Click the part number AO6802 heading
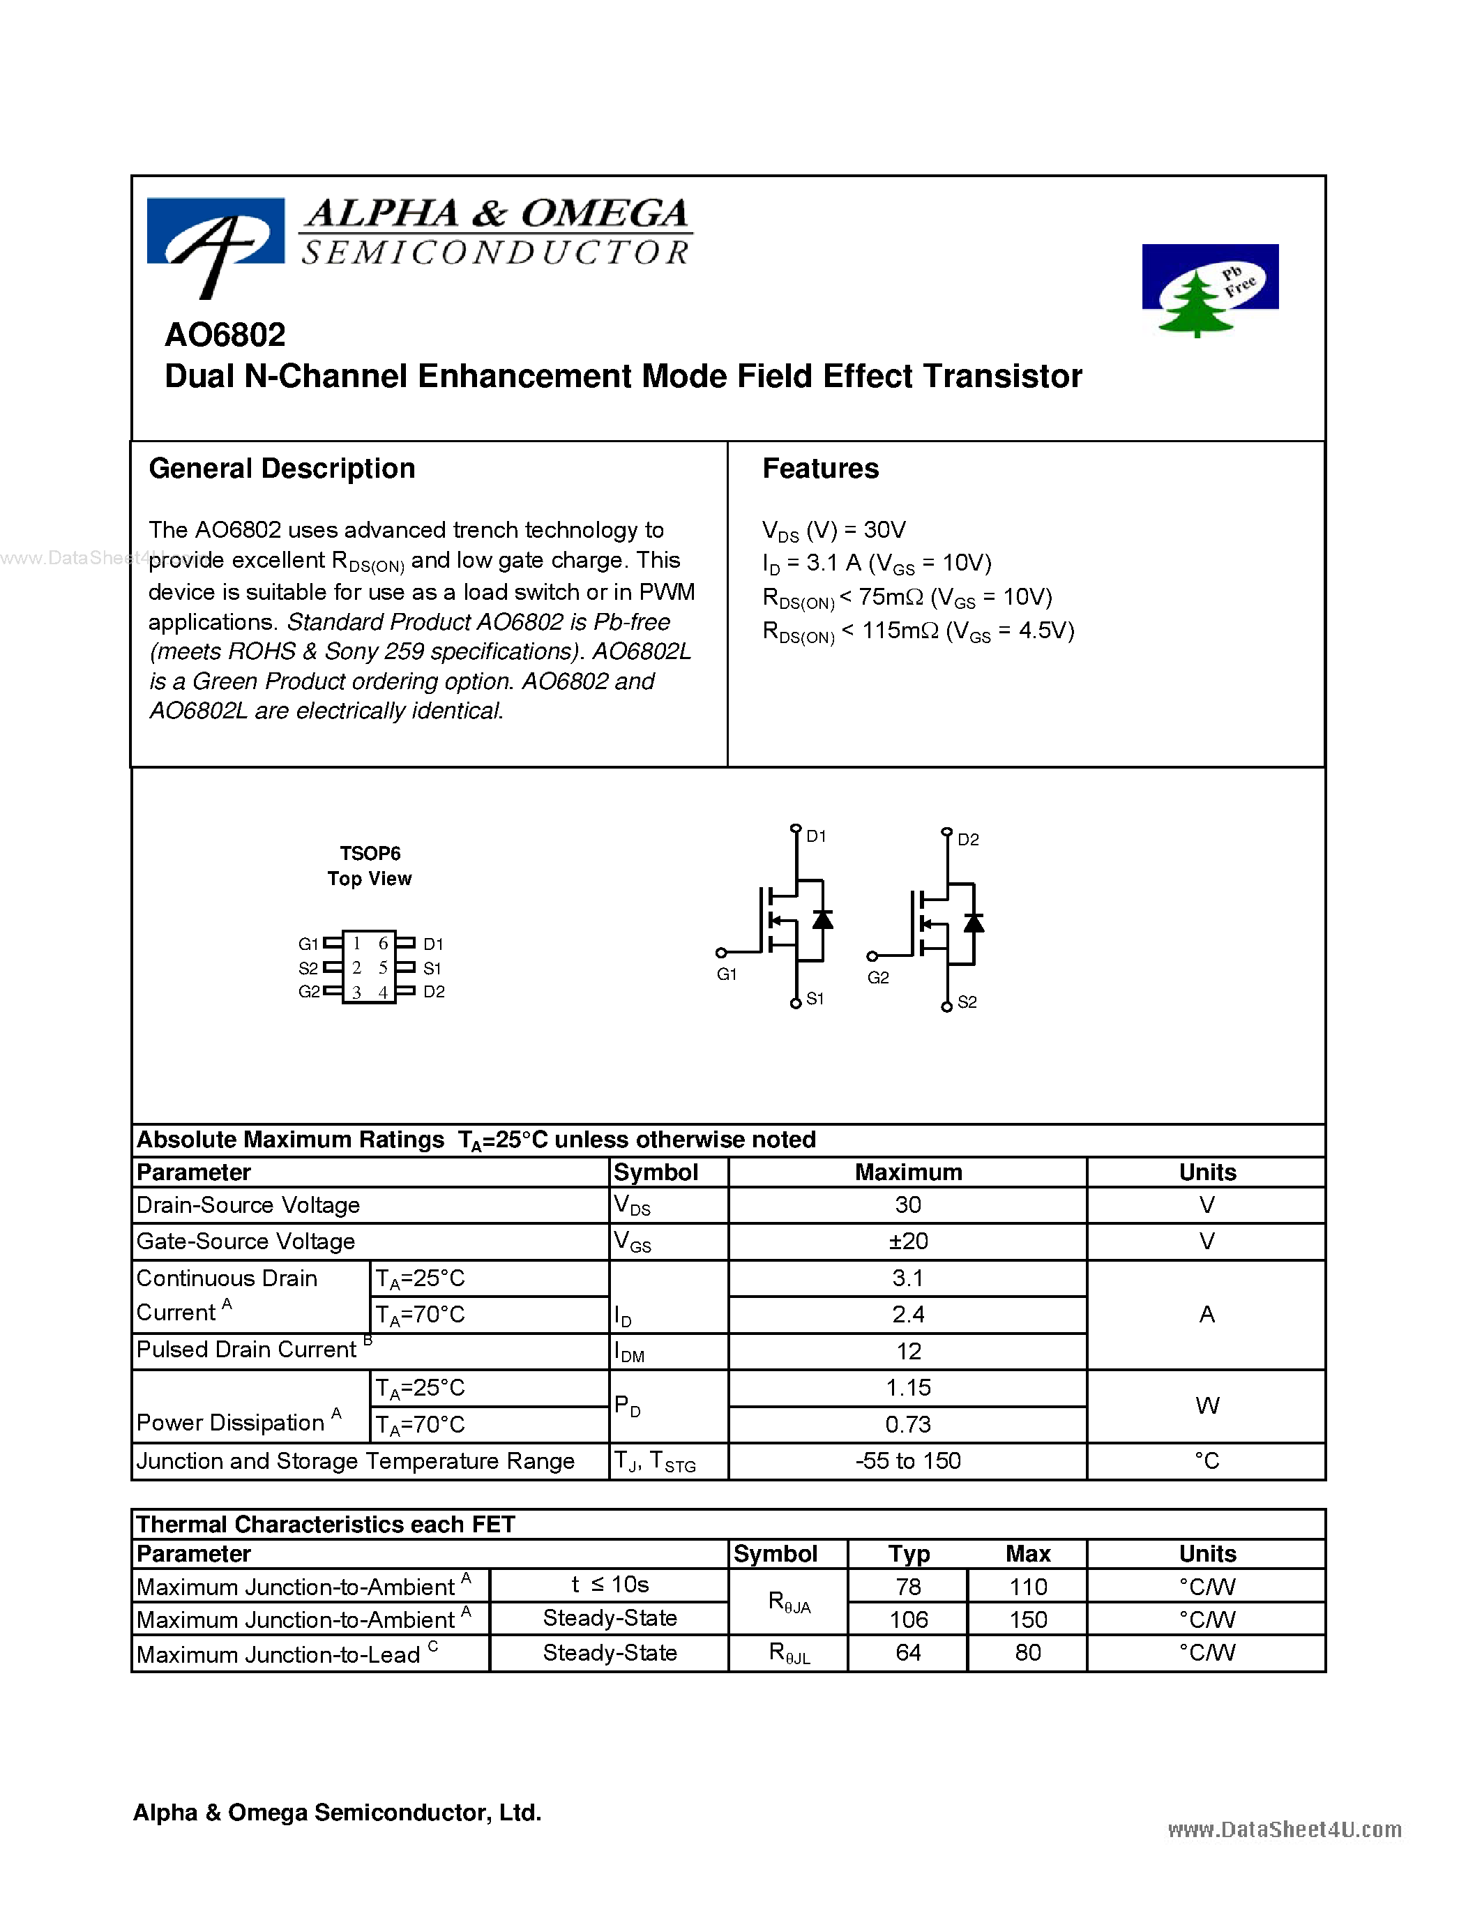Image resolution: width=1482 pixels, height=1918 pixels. coord(226,335)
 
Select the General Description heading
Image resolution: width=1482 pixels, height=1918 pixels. coord(282,469)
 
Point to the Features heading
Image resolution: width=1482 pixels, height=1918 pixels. coord(820,469)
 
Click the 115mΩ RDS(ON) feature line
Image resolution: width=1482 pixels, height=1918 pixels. coord(918,631)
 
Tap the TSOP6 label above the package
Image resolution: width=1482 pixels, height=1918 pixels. coord(370,853)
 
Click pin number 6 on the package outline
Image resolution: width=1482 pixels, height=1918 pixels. coord(383,943)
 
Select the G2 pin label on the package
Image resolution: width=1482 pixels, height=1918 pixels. coord(308,992)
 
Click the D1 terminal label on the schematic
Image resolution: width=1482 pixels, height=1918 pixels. coord(817,836)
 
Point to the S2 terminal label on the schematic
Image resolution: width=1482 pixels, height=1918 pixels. coord(967,1002)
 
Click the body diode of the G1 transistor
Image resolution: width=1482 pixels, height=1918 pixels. coord(823,919)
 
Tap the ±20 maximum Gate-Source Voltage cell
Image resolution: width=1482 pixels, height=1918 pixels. coord(908,1241)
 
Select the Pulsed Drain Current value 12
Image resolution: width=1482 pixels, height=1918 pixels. coord(908,1351)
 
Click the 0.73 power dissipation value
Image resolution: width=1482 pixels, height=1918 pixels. coord(908,1424)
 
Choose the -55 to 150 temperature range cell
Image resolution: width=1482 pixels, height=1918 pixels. coord(908,1460)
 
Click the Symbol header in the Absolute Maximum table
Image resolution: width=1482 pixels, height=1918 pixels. coord(656,1172)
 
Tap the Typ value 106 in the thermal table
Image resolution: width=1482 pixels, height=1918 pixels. coord(908,1619)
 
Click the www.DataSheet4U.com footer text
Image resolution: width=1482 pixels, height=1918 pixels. coord(1285,1829)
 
